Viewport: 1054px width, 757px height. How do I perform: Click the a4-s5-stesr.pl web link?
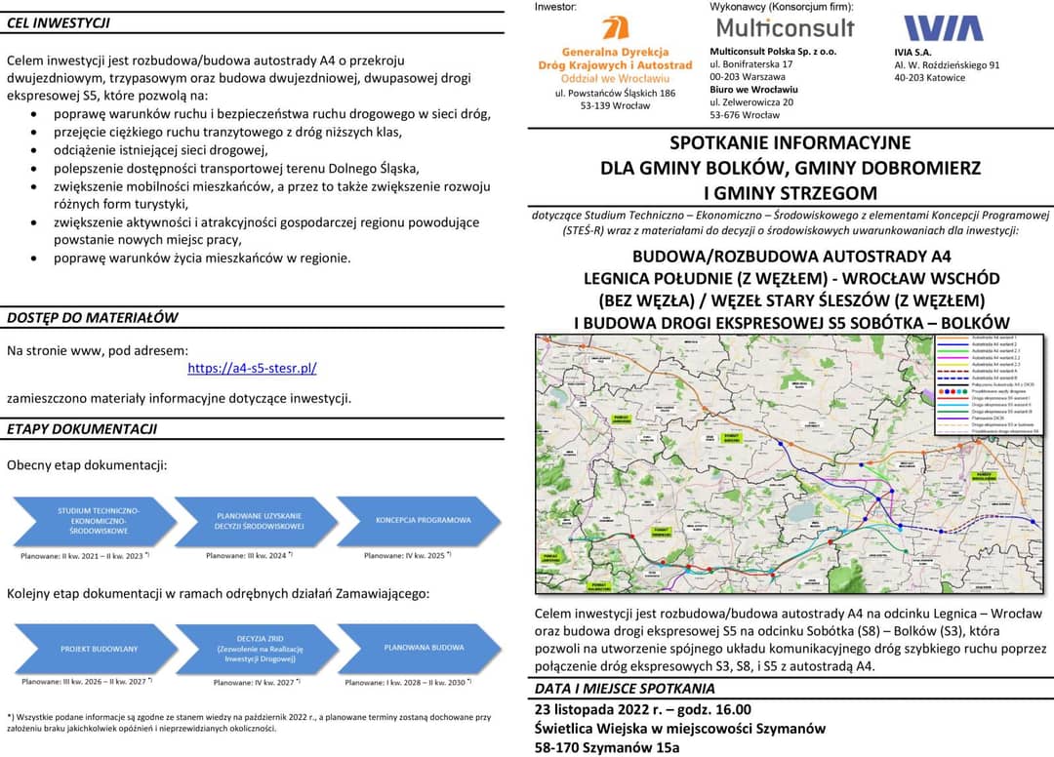[252, 369]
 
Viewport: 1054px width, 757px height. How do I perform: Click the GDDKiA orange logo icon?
[615, 28]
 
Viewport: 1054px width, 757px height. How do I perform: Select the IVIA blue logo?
[943, 28]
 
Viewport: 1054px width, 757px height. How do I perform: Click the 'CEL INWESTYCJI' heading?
[59, 22]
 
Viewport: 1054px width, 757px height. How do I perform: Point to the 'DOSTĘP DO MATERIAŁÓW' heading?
[93, 317]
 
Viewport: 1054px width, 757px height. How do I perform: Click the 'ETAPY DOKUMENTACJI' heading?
[82, 429]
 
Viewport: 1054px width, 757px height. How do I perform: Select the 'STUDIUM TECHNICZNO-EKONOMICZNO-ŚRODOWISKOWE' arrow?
[96, 520]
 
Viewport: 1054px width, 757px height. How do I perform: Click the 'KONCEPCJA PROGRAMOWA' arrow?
[420, 520]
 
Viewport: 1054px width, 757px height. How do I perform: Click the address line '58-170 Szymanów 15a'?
[607, 747]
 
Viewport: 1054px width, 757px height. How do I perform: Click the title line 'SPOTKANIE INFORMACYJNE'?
[790, 143]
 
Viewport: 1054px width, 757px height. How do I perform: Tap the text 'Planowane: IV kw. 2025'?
[404, 556]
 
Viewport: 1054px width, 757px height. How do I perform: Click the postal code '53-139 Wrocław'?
[615, 106]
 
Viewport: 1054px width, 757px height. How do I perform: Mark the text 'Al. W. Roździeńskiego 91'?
[947, 65]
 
